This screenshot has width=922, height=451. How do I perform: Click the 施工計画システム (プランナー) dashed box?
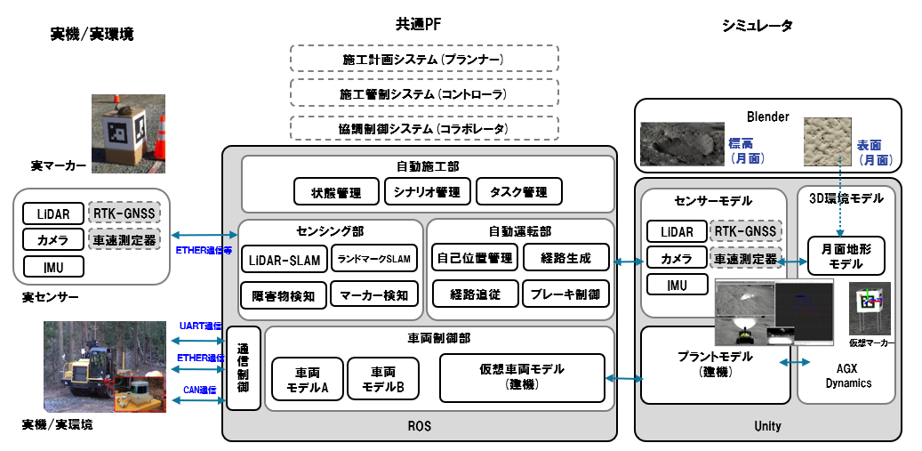(x=424, y=60)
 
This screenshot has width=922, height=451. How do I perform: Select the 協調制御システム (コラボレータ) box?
(x=424, y=129)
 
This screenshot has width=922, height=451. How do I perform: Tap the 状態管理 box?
(x=335, y=191)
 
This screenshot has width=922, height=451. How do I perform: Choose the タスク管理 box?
(x=517, y=191)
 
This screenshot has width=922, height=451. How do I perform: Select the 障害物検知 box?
(x=284, y=294)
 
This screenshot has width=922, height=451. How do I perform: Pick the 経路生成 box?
(x=565, y=258)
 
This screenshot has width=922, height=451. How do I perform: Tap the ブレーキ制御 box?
(x=565, y=294)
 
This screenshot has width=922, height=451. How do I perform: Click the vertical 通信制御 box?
(x=244, y=368)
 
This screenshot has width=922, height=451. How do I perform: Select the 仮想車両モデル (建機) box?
(x=522, y=375)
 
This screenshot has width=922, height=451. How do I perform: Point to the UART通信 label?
(x=200, y=326)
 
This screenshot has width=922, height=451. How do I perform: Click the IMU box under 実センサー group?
(x=54, y=266)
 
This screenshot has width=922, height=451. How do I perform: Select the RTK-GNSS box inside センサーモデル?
(x=747, y=231)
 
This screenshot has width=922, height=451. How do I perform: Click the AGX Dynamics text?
(x=846, y=377)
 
